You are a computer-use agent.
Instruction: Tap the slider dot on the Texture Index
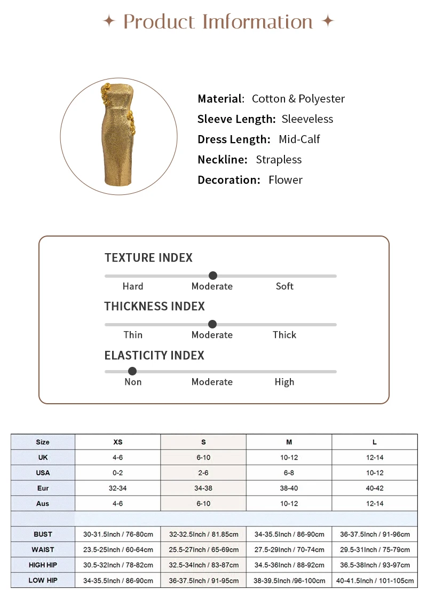[213, 276]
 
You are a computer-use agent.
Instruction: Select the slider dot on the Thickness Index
[212, 324]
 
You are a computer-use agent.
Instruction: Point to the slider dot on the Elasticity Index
[132, 371]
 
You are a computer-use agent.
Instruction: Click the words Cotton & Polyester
[298, 99]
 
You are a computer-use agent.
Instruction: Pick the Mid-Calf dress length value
[299, 139]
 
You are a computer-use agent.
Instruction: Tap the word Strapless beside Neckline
[279, 160]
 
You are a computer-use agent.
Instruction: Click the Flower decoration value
[286, 180]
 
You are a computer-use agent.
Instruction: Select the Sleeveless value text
[307, 119]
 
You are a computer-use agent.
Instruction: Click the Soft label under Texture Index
[284, 286]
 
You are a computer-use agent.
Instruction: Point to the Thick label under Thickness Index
[284, 335]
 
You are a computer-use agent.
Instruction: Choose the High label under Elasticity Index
[284, 382]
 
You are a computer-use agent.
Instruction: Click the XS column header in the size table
[117, 442]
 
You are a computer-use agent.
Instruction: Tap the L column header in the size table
[375, 442]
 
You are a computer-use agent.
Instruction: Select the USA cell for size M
[289, 473]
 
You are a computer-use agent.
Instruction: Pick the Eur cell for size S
[203, 488]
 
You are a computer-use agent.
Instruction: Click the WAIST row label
[43, 550]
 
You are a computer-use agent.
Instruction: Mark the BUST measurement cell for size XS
[117, 534]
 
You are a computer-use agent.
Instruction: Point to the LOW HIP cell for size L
[375, 580]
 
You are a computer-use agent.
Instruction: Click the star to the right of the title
[328, 22]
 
